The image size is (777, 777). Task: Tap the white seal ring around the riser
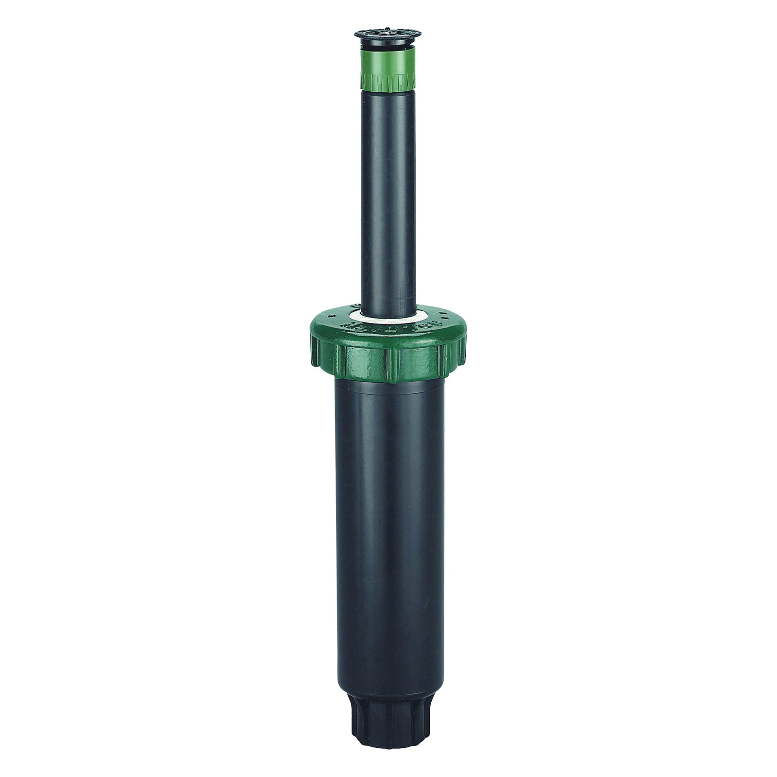tap(384, 319)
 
